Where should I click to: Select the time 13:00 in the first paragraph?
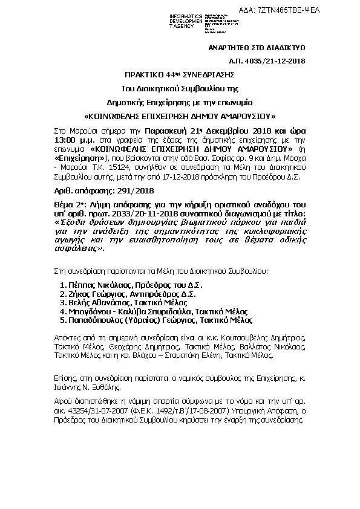click(x=64, y=138)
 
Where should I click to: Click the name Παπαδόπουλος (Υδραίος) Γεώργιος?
click(x=132, y=320)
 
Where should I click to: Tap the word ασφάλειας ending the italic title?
click(x=73, y=247)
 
